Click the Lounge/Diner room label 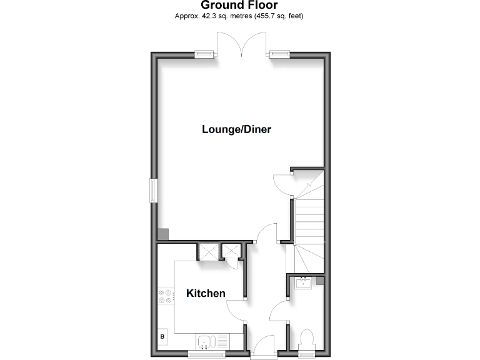click(x=236, y=129)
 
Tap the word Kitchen click(x=206, y=293)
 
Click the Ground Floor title click(x=239, y=6)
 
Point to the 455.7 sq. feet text click(x=277, y=16)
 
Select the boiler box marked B click(x=162, y=338)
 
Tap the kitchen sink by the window click(x=206, y=342)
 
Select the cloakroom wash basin click(x=304, y=283)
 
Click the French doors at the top click(x=243, y=44)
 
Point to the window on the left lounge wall click(x=152, y=190)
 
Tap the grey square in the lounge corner click(x=162, y=234)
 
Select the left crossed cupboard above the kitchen click(x=207, y=251)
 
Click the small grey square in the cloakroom click(x=320, y=281)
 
